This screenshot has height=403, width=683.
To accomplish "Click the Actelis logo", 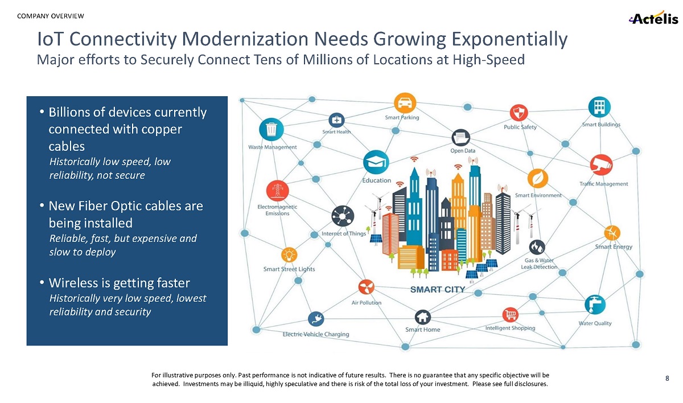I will (x=653, y=18).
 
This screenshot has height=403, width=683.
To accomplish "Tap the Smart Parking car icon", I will (x=404, y=102).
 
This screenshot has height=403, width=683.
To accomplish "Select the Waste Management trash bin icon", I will (x=271, y=129).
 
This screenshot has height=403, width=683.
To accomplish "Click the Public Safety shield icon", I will (x=519, y=112).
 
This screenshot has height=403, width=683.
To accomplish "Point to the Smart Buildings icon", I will (x=599, y=107).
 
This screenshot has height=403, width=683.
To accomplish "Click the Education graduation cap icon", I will (x=375, y=163).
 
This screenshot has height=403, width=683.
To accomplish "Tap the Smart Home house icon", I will (x=422, y=316).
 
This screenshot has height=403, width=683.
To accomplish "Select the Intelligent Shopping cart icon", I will (x=509, y=315).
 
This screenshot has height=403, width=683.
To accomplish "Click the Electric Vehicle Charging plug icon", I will (x=315, y=320).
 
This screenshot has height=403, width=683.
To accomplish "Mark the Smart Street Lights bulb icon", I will (x=289, y=254).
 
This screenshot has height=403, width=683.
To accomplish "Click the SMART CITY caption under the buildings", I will (x=438, y=290).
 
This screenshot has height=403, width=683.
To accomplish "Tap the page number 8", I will (x=667, y=378).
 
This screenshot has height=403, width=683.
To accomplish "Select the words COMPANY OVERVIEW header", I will (x=51, y=15).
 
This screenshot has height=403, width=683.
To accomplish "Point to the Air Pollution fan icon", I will (x=366, y=287).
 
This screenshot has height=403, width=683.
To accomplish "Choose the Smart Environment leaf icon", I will (x=537, y=178).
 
